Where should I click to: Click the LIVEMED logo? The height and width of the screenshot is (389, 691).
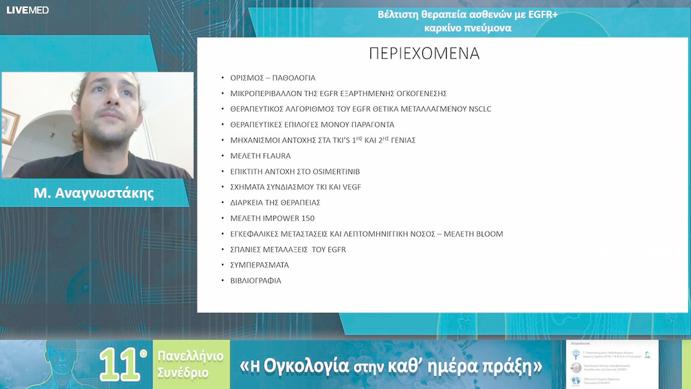click(x=28, y=10)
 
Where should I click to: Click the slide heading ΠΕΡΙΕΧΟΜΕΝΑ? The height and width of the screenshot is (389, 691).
click(x=424, y=54)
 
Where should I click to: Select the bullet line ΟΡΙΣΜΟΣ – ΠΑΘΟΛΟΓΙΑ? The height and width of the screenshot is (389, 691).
click(x=273, y=78)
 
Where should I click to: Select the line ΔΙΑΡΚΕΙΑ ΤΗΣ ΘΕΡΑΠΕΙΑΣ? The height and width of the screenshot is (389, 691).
click(x=275, y=203)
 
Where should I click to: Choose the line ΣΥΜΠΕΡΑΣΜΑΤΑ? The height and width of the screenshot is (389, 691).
click(x=260, y=265)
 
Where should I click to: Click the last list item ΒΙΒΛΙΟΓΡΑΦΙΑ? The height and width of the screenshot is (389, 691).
click(x=256, y=281)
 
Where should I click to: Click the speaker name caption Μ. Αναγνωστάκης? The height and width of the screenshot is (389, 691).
click(x=93, y=193)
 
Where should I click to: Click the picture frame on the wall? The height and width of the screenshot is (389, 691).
click(x=10, y=126)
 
